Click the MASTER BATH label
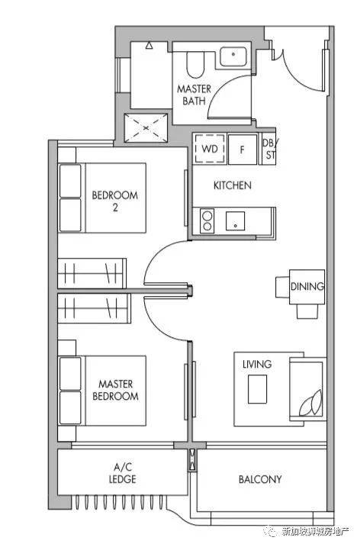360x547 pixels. click(x=194, y=95)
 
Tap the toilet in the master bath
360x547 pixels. click(x=194, y=65)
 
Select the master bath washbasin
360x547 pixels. click(x=233, y=56)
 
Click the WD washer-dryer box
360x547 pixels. click(x=209, y=149)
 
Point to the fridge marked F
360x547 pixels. click(x=242, y=150)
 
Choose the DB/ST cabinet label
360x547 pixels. click(x=270, y=149)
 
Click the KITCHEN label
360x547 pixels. click(x=233, y=185)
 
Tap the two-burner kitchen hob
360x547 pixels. click(x=207, y=220)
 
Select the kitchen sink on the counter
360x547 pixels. click(x=235, y=221)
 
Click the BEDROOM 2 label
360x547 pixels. click(x=114, y=201)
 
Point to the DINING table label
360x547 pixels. click(x=307, y=286)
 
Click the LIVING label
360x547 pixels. click(x=257, y=364)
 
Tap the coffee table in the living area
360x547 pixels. click(x=257, y=389)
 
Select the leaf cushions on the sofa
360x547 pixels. click(x=311, y=403)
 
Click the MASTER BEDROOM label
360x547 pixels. click(x=115, y=390)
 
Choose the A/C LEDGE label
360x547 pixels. click(x=123, y=473)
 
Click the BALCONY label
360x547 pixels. click(x=260, y=479)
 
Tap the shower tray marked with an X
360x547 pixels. click(x=146, y=128)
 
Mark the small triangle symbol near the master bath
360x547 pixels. click(x=149, y=45)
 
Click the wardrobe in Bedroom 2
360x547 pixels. click(x=92, y=273)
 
